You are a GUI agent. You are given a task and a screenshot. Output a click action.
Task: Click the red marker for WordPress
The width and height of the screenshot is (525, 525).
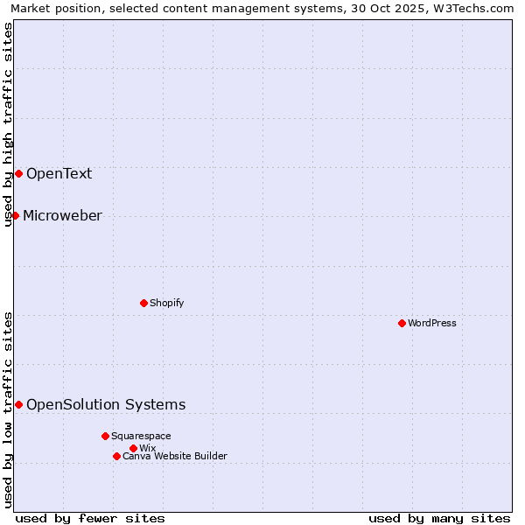(x=402, y=323)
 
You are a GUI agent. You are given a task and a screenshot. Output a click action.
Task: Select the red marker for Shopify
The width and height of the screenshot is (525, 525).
(x=143, y=303)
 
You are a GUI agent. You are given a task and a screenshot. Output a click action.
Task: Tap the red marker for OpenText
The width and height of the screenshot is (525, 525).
(x=18, y=173)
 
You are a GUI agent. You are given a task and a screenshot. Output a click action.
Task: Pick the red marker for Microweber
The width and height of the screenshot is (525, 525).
(x=15, y=215)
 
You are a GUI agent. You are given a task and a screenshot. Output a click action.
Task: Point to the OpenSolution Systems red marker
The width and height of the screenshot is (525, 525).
(x=18, y=404)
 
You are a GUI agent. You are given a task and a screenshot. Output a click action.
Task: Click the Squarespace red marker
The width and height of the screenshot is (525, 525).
(x=105, y=436)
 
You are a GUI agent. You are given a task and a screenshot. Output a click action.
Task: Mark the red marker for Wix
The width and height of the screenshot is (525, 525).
(x=133, y=448)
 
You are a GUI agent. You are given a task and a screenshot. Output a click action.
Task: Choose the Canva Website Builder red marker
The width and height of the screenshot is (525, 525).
(x=116, y=456)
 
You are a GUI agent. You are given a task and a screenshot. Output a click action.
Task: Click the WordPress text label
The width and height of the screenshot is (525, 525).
(x=432, y=323)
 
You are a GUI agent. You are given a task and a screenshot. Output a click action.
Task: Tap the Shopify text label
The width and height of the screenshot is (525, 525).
(x=167, y=303)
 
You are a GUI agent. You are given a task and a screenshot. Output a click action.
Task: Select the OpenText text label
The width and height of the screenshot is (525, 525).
(x=59, y=173)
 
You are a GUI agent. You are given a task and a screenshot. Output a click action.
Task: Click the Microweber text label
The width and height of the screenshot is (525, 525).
(x=62, y=215)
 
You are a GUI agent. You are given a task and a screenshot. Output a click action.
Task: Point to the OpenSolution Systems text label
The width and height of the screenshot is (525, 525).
(x=106, y=404)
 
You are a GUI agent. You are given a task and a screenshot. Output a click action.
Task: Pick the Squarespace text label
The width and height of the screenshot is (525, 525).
(x=141, y=436)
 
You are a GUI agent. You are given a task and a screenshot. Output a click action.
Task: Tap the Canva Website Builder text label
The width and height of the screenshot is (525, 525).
(x=175, y=456)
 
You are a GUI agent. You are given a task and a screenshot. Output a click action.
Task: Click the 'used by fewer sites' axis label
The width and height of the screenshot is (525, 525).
(x=90, y=518)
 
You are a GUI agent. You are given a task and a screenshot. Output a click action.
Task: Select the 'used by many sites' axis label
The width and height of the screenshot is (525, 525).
(x=439, y=518)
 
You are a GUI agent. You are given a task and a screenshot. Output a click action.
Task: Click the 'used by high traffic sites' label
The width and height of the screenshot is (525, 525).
(x=8, y=124)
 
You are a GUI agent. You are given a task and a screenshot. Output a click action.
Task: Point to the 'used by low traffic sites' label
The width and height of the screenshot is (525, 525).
(x=8, y=409)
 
